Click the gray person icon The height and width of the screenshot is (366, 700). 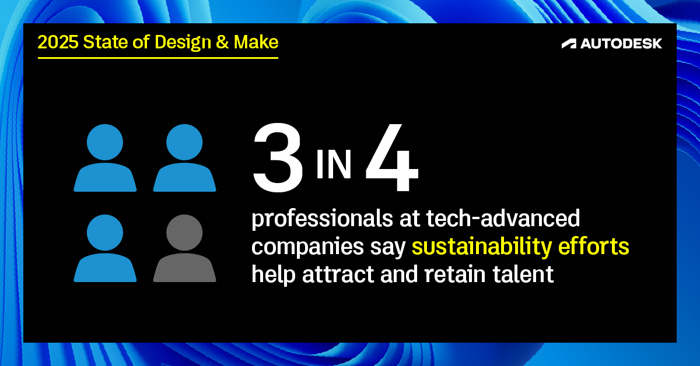tap(184, 248)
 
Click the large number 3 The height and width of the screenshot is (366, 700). tap(278, 158)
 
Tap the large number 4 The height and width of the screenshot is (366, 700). tap(391, 157)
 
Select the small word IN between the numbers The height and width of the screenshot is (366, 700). tap(334, 164)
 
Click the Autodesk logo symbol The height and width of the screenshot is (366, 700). tap(569, 44)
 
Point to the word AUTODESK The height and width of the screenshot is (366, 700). tap(621, 44)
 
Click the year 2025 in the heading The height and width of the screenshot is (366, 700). tap(58, 42)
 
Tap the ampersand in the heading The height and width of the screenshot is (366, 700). tap(222, 42)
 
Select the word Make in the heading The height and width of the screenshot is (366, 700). tap(256, 42)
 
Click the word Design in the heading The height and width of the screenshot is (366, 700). tap(183, 43)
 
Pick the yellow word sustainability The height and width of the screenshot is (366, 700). tap(482, 247)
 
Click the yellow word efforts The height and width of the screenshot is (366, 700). tap(593, 246)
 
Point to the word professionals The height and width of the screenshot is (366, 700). tap(322, 219)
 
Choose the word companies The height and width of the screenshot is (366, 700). tap(308, 247)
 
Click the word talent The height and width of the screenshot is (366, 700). tap(523, 274)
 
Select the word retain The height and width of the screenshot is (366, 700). tap(455, 274)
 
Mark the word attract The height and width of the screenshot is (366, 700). tap(338, 274)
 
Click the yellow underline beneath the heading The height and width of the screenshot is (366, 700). tap(158, 58)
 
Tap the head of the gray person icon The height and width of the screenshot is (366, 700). tap(184, 233)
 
